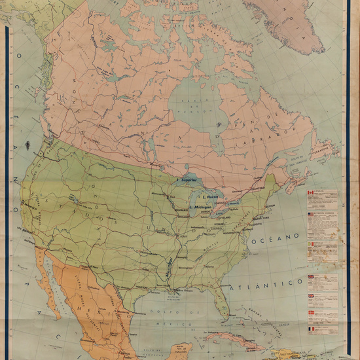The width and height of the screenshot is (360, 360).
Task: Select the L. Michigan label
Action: coord(204,206)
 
